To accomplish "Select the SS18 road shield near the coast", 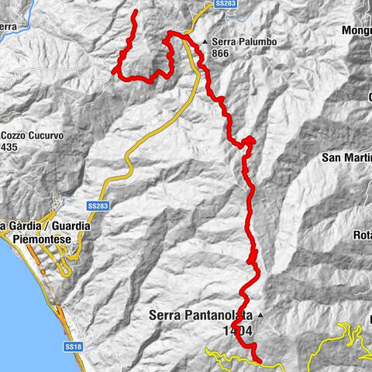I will (74, 346).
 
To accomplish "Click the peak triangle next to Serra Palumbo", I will (205, 42).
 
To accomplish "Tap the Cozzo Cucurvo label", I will (33, 135).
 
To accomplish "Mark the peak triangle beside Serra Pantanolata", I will (260, 315).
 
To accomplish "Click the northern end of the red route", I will (136, 12).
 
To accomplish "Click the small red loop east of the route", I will (250, 140).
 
